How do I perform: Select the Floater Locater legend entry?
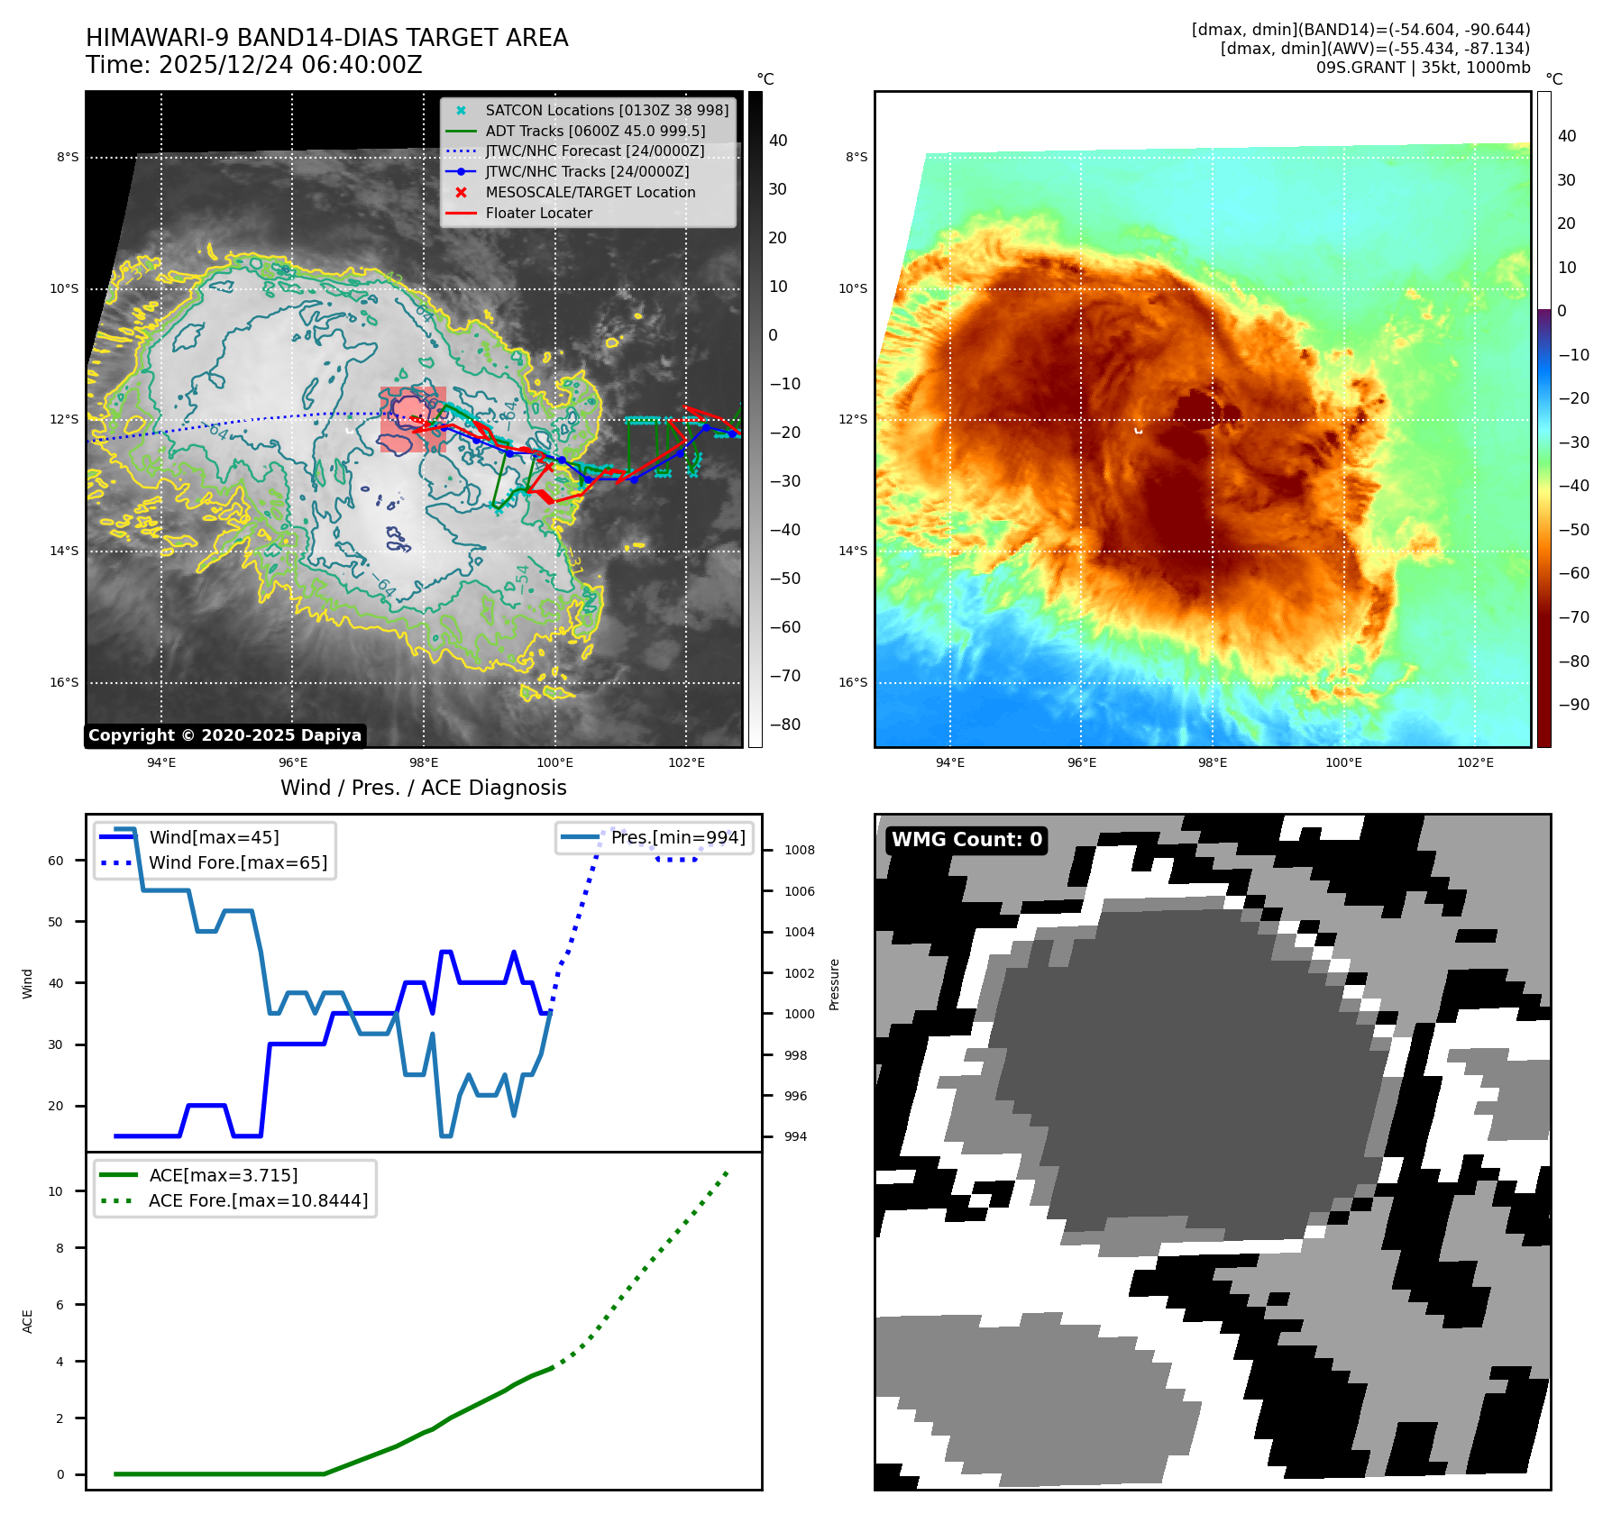pyautogui.click(x=538, y=214)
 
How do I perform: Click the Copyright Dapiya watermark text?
pyautogui.click(x=224, y=735)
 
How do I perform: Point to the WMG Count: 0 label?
pyautogui.click(x=966, y=840)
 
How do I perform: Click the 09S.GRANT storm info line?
pyautogui.click(x=1423, y=68)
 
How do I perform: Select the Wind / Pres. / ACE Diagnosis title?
pyautogui.click(x=423, y=788)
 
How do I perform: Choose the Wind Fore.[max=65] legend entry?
pyautogui.click(x=238, y=862)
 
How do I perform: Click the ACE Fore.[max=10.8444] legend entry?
pyautogui.click(x=258, y=1200)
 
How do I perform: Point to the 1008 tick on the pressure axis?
pyautogui.click(x=799, y=850)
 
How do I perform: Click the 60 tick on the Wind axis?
pyautogui.click(x=56, y=861)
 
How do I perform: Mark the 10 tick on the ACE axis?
pyautogui.click(x=56, y=1191)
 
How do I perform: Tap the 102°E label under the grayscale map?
pyautogui.click(x=686, y=762)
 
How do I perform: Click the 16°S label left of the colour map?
pyautogui.click(x=853, y=682)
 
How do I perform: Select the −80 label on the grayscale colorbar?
pyautogui.click(x=784, y=725)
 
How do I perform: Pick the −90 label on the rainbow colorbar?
pyautogui.click(x=1574, y=705)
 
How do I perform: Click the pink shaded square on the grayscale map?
pyautogui.click(x=413, y=419)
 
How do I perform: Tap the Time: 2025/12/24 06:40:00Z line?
pyautogui.click(x=253, y=65)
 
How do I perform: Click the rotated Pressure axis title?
pyautogui.click(x=834, y=984)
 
